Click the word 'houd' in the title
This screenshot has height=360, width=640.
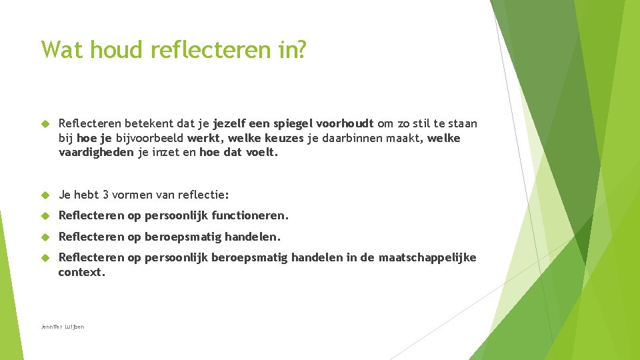[107, 49]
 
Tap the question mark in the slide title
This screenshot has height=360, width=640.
[301, 49]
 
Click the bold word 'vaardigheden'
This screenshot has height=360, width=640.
[96, 152]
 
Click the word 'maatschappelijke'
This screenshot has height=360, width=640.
[427, 258]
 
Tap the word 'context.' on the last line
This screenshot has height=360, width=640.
[81, 272]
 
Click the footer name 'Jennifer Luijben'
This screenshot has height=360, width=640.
[63, 327]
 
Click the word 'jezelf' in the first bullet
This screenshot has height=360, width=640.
[231, 124]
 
